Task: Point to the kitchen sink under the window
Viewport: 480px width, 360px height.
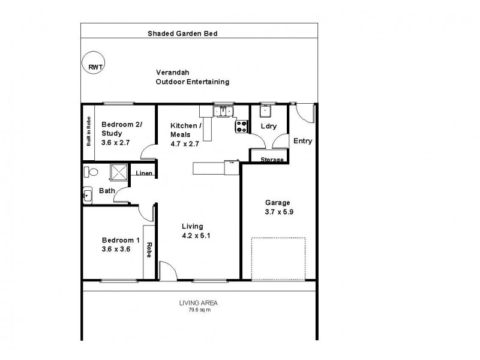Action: tap(223, 111)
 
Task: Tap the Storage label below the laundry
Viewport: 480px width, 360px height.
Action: tap(272, 160)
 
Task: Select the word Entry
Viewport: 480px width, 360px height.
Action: tap(302, 142)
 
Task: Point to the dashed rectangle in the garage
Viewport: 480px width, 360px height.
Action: tap(278, 259)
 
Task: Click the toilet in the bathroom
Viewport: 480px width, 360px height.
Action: tap(90, 173)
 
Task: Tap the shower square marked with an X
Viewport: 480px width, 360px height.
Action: tap(119, 173)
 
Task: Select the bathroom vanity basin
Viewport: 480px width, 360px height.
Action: tap(88, 195)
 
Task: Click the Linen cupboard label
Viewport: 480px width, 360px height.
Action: tap(144, 174)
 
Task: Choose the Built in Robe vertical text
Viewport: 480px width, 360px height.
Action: tap(89, 131)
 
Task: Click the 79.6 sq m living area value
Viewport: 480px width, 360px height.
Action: tap(199, 310)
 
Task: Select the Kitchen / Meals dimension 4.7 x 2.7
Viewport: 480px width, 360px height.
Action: tap(185, 143)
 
